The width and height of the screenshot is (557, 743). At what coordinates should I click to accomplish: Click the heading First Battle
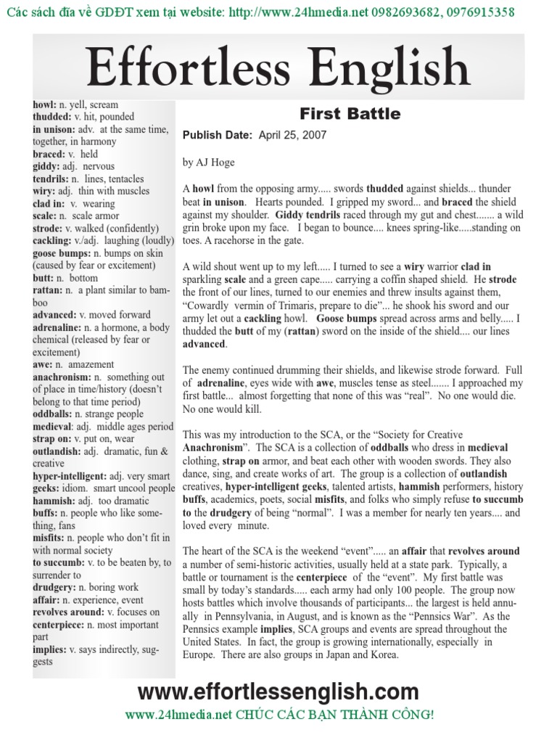pyautogui.click(x=350, y=114)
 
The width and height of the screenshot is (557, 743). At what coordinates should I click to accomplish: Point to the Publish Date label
pyautogui.click(x=217, y=135)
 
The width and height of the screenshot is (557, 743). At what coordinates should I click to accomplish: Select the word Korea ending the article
pyautogui.click(x=384, y=654)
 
